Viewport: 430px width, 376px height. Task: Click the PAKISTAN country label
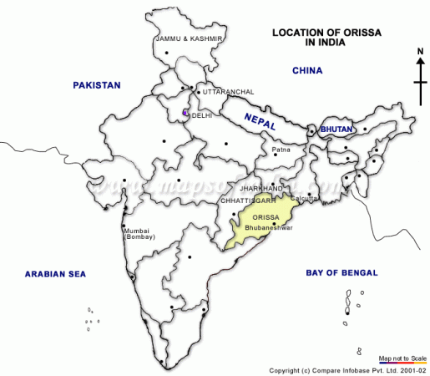96,85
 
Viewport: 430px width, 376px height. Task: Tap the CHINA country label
306,71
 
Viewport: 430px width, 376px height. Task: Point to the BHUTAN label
337,130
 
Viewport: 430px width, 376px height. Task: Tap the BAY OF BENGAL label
341,273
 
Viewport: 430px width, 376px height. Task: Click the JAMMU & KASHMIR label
189,39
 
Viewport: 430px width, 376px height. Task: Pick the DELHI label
202,115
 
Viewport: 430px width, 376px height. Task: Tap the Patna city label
281,150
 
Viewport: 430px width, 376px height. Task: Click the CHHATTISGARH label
249,201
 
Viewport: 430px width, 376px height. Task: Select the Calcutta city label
306,198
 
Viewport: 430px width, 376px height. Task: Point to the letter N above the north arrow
421,51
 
